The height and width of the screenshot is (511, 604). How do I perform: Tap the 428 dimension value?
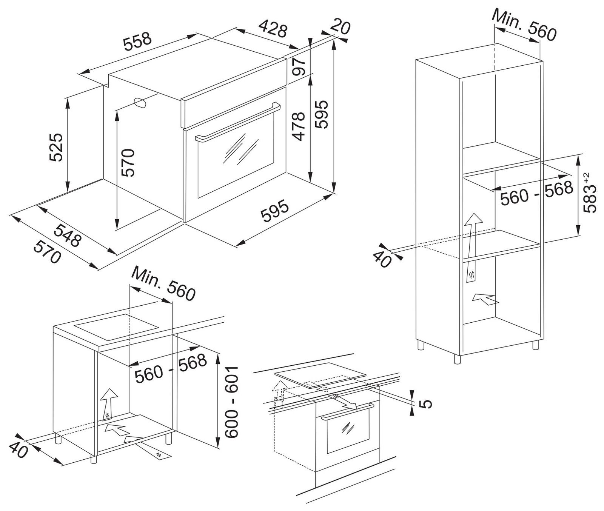tap(273, 29)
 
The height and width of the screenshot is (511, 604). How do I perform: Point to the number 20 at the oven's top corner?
tap(340, 27)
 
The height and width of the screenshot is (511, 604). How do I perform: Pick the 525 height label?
tap(56, 147)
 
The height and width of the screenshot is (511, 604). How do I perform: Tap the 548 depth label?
tap(68, 235)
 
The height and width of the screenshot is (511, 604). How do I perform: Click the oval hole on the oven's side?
tap(140, 103)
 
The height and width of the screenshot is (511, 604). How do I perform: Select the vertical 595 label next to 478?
tap(322, 115)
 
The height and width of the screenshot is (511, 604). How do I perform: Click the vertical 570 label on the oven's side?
tap(128, 163)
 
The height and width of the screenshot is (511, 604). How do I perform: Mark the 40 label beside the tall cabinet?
tap(382, 259)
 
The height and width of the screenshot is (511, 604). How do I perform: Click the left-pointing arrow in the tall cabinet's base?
tap(485, 299)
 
